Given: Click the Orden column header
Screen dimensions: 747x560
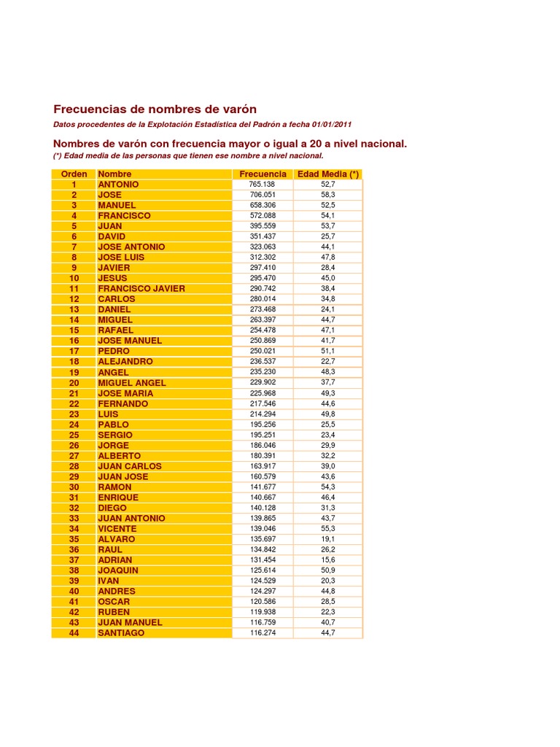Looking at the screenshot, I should pos(74,174).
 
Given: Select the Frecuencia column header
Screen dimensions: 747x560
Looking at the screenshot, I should pos(262,174).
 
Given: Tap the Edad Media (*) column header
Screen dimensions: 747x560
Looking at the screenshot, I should pos(328,174).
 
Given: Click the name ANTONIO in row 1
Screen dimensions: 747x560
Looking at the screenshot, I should pos(118,185).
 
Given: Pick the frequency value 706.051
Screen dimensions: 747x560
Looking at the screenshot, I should pos(262,195).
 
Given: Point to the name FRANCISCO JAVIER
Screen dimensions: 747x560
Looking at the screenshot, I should pos(141,289).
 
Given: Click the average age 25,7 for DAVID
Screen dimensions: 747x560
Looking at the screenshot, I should pos(328,236).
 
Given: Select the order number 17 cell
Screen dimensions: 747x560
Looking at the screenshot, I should pos(74,352).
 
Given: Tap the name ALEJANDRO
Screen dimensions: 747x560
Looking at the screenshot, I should pos(125,362).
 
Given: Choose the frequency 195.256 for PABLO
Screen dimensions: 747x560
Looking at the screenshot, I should pos(262,425).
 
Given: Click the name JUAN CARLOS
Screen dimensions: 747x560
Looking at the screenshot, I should pos(130,466).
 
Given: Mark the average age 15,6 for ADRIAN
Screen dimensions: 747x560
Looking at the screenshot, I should pos(328,560).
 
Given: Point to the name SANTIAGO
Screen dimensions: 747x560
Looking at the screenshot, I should pos(121,633).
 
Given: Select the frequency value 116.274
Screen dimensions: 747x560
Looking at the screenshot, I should pos(262,633).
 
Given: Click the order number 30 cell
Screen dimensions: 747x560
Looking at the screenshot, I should pos(74,487).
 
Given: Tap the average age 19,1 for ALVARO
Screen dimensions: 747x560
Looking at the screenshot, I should pos(328,539).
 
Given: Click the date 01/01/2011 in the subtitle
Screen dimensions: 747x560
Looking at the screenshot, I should pos(327,125).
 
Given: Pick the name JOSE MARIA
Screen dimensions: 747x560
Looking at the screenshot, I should pos(125,393).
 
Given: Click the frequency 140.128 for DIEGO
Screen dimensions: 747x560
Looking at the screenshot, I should pos(262,508).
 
